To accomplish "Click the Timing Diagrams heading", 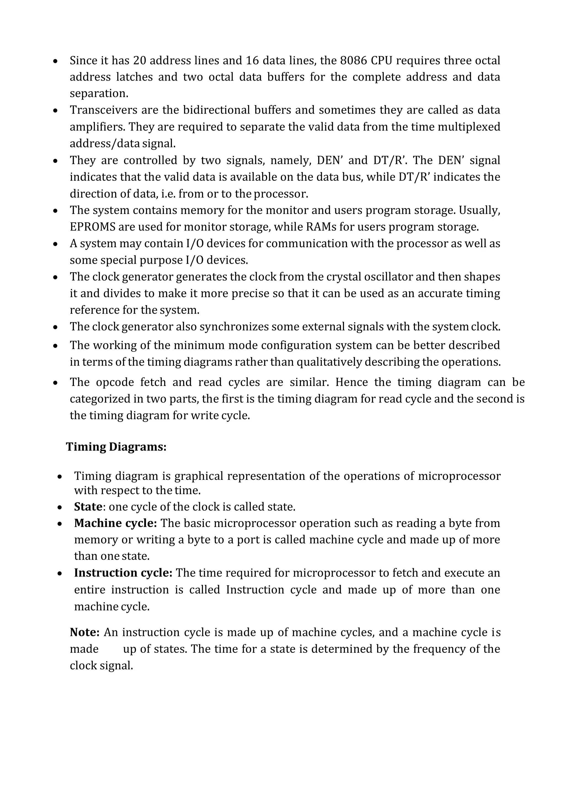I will [x=116, y=447].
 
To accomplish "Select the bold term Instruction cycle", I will [x=123, y=573].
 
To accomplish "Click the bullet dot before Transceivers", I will [x=55, y=111].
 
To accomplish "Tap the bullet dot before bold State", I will [x=60, y=507].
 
